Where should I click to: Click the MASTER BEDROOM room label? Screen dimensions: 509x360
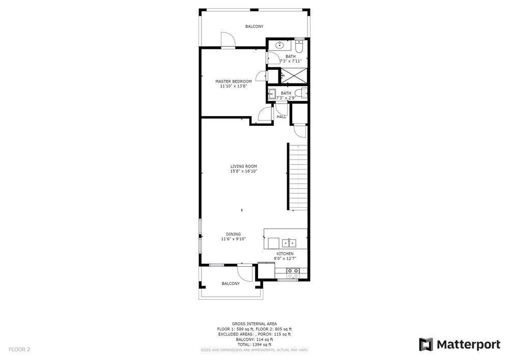[x=234, y=81]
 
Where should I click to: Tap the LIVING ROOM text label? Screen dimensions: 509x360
[x=243, y=166]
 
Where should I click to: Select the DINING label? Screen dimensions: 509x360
[x=234, y=234]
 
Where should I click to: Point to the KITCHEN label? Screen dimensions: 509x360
[x=285, y=254]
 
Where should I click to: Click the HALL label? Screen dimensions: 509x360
[x=281, y=117]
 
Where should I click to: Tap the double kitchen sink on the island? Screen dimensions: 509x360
[x=289, y=242]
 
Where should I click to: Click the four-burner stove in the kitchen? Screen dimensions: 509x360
[x=293, y=273]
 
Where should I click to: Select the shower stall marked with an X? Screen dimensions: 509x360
[x=294, y=76]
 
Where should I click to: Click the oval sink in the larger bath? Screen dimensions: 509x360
[x=279, y=45]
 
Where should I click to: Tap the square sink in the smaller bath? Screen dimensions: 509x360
[x=271, y=94]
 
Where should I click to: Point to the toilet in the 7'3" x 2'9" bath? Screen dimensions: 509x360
[x=304, y=93]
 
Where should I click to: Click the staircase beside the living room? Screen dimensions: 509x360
[x=298, y=177]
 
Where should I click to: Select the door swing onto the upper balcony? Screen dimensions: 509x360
[x=228, y=40]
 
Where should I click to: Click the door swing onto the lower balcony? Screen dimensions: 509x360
[x=244, y=273]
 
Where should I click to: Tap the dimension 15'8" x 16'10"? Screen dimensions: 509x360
[x=243, y=171]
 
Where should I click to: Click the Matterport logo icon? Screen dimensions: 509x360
[x=426, y=344]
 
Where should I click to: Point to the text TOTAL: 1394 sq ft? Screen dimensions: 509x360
[x=254, y=345]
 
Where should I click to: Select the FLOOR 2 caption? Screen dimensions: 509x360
[x=19, y=350]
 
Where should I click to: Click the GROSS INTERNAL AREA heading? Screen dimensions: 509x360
[x=254, y=324]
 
